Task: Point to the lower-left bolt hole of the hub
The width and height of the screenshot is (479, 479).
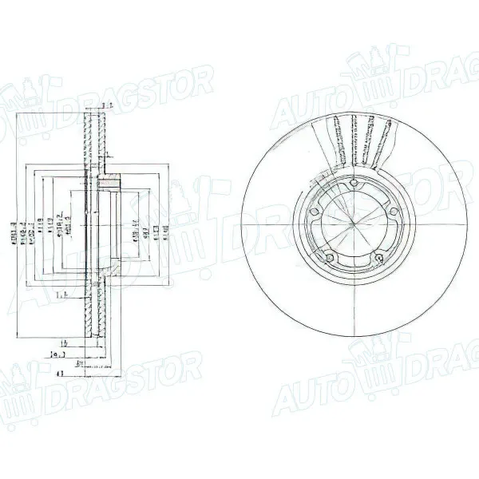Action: pos(330,256)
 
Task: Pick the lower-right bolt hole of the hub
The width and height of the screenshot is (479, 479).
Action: pos(377,256)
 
